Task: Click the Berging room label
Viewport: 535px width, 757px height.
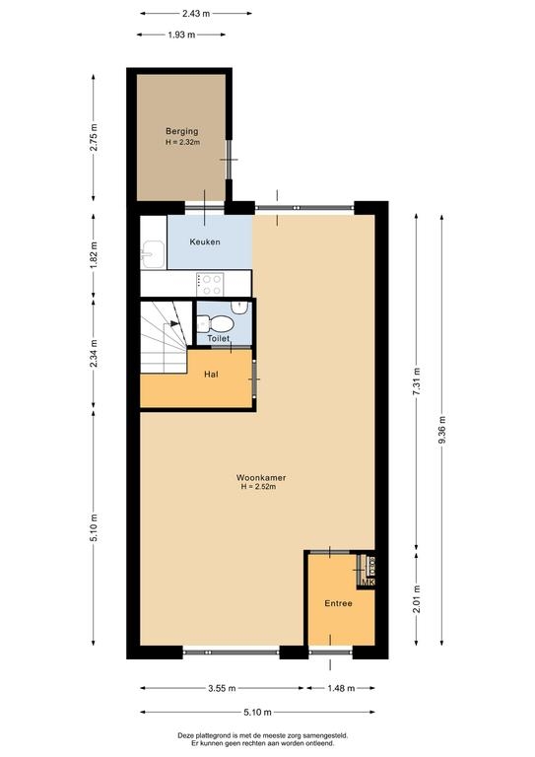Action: click(182, 131)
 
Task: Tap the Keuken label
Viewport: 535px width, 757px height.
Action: click(205, 241)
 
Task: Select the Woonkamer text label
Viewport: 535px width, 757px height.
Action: click(261, 477)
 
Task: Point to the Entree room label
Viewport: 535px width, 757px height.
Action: click(338, 603)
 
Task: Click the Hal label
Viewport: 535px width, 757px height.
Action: click(211, 375)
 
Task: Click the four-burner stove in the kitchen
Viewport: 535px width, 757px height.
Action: click(210, 284)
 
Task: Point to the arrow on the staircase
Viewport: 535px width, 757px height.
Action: click(174, 323)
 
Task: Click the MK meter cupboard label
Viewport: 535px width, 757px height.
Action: click(368, 583)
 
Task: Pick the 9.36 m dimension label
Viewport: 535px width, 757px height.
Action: click(442, 431)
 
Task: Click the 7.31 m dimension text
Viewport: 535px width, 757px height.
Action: click(417, 382)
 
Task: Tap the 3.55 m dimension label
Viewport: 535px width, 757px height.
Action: click(222, 688)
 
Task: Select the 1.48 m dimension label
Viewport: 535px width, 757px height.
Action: click(341, 688)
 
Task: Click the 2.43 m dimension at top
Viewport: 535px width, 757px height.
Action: click(196, 14)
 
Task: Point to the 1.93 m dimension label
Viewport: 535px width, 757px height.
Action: click(181, 34)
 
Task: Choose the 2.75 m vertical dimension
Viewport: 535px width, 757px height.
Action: click(94, 138)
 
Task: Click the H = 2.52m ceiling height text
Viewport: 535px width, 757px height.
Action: click(258, 487)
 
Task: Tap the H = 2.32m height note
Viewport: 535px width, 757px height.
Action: click(183, 142)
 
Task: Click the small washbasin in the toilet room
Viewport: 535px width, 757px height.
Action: click(238, 307)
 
